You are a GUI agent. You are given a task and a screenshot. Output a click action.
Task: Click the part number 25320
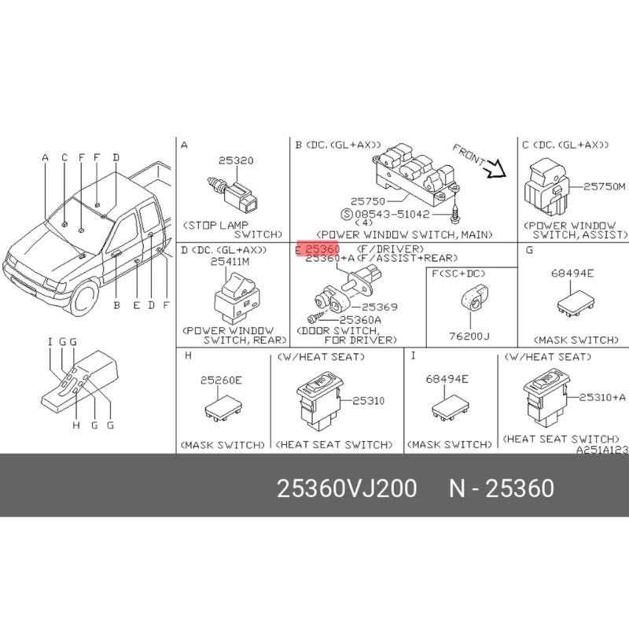(236, 160)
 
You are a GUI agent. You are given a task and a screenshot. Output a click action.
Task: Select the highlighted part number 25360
(322, 249)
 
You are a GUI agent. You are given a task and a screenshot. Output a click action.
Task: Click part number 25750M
(605, 186)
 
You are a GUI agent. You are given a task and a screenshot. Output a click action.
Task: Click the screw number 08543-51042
(391, 212)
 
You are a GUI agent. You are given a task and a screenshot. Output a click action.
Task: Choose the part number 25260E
(221, 381)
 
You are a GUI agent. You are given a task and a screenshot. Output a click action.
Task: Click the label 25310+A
(602, 398)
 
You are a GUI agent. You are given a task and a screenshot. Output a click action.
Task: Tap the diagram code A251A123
(602, 451)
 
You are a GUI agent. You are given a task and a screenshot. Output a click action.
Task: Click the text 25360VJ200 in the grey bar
(347, 489)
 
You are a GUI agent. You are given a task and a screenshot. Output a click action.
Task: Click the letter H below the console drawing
(76, 425)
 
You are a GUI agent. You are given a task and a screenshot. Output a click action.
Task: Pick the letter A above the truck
(46, 157)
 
